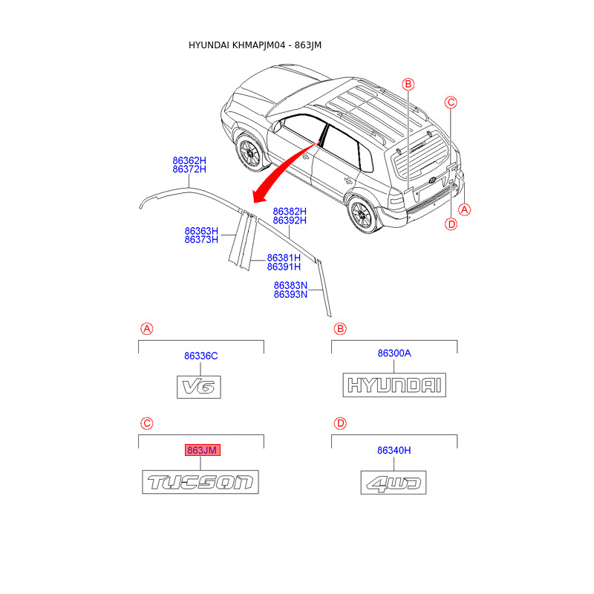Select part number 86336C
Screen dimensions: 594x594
pyautogui.click(x=200, y=356)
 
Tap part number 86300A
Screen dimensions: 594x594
pyautogui.click(x=394, y=353)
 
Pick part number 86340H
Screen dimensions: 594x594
pyautogui.click(x=394, y=450)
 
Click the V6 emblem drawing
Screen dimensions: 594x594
pyautogui.click(x=199, y=387)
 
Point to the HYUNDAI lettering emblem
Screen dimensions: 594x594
pyautogui.click(x=394, y=385)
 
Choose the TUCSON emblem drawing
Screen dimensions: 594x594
pyautogui.click(x=200, y=482)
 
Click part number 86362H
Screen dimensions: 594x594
pyautogui.click(x=189, y=160)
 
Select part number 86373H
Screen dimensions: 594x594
pyautogui.click(x=201, y=240)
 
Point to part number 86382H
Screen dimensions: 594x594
pyautogui.click(x=289, y=211)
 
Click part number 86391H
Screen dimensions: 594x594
pyautogui.click(x=284, y=267)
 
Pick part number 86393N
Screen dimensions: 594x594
pyautogui.click(x=290, y=294)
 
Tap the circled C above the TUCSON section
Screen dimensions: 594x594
pyautogui.click(x=147, y=423)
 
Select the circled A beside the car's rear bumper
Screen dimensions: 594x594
pyautogui.click(x=464, y=209)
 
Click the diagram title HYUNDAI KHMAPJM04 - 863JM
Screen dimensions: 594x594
pyautogui.click(x=255, y=45)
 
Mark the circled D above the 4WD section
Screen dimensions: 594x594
pyautogui.click(x=340, y=423)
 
